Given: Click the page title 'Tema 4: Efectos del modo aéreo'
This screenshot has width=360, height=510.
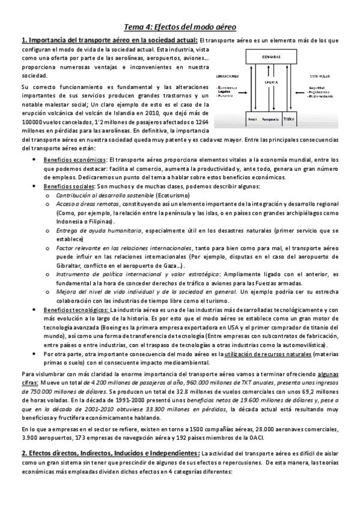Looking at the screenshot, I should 180,27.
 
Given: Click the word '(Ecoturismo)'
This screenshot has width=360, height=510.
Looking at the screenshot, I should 175,196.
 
